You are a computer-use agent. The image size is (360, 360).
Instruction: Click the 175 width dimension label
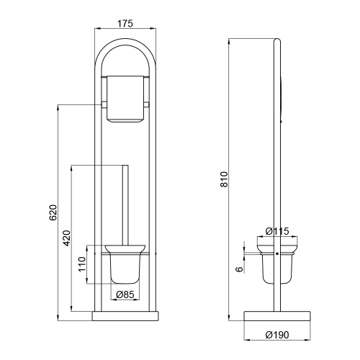tap(125, 24)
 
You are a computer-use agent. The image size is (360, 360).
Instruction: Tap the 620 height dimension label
tap(53, 212)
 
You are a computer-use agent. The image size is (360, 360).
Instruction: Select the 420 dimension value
tap(67, 238)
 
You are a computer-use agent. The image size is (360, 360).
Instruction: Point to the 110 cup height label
tap(82, 264)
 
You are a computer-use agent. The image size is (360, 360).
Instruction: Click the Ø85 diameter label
tap(125, 294)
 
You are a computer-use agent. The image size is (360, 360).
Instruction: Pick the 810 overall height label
tap(224, 179)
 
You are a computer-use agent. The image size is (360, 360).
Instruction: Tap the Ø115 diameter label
tap(277, 231)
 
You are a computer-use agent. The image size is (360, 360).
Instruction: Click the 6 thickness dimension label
tap(239, 269)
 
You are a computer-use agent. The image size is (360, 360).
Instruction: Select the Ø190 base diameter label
tap(277, 335)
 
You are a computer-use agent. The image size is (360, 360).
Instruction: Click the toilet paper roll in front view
tap(125, 99)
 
